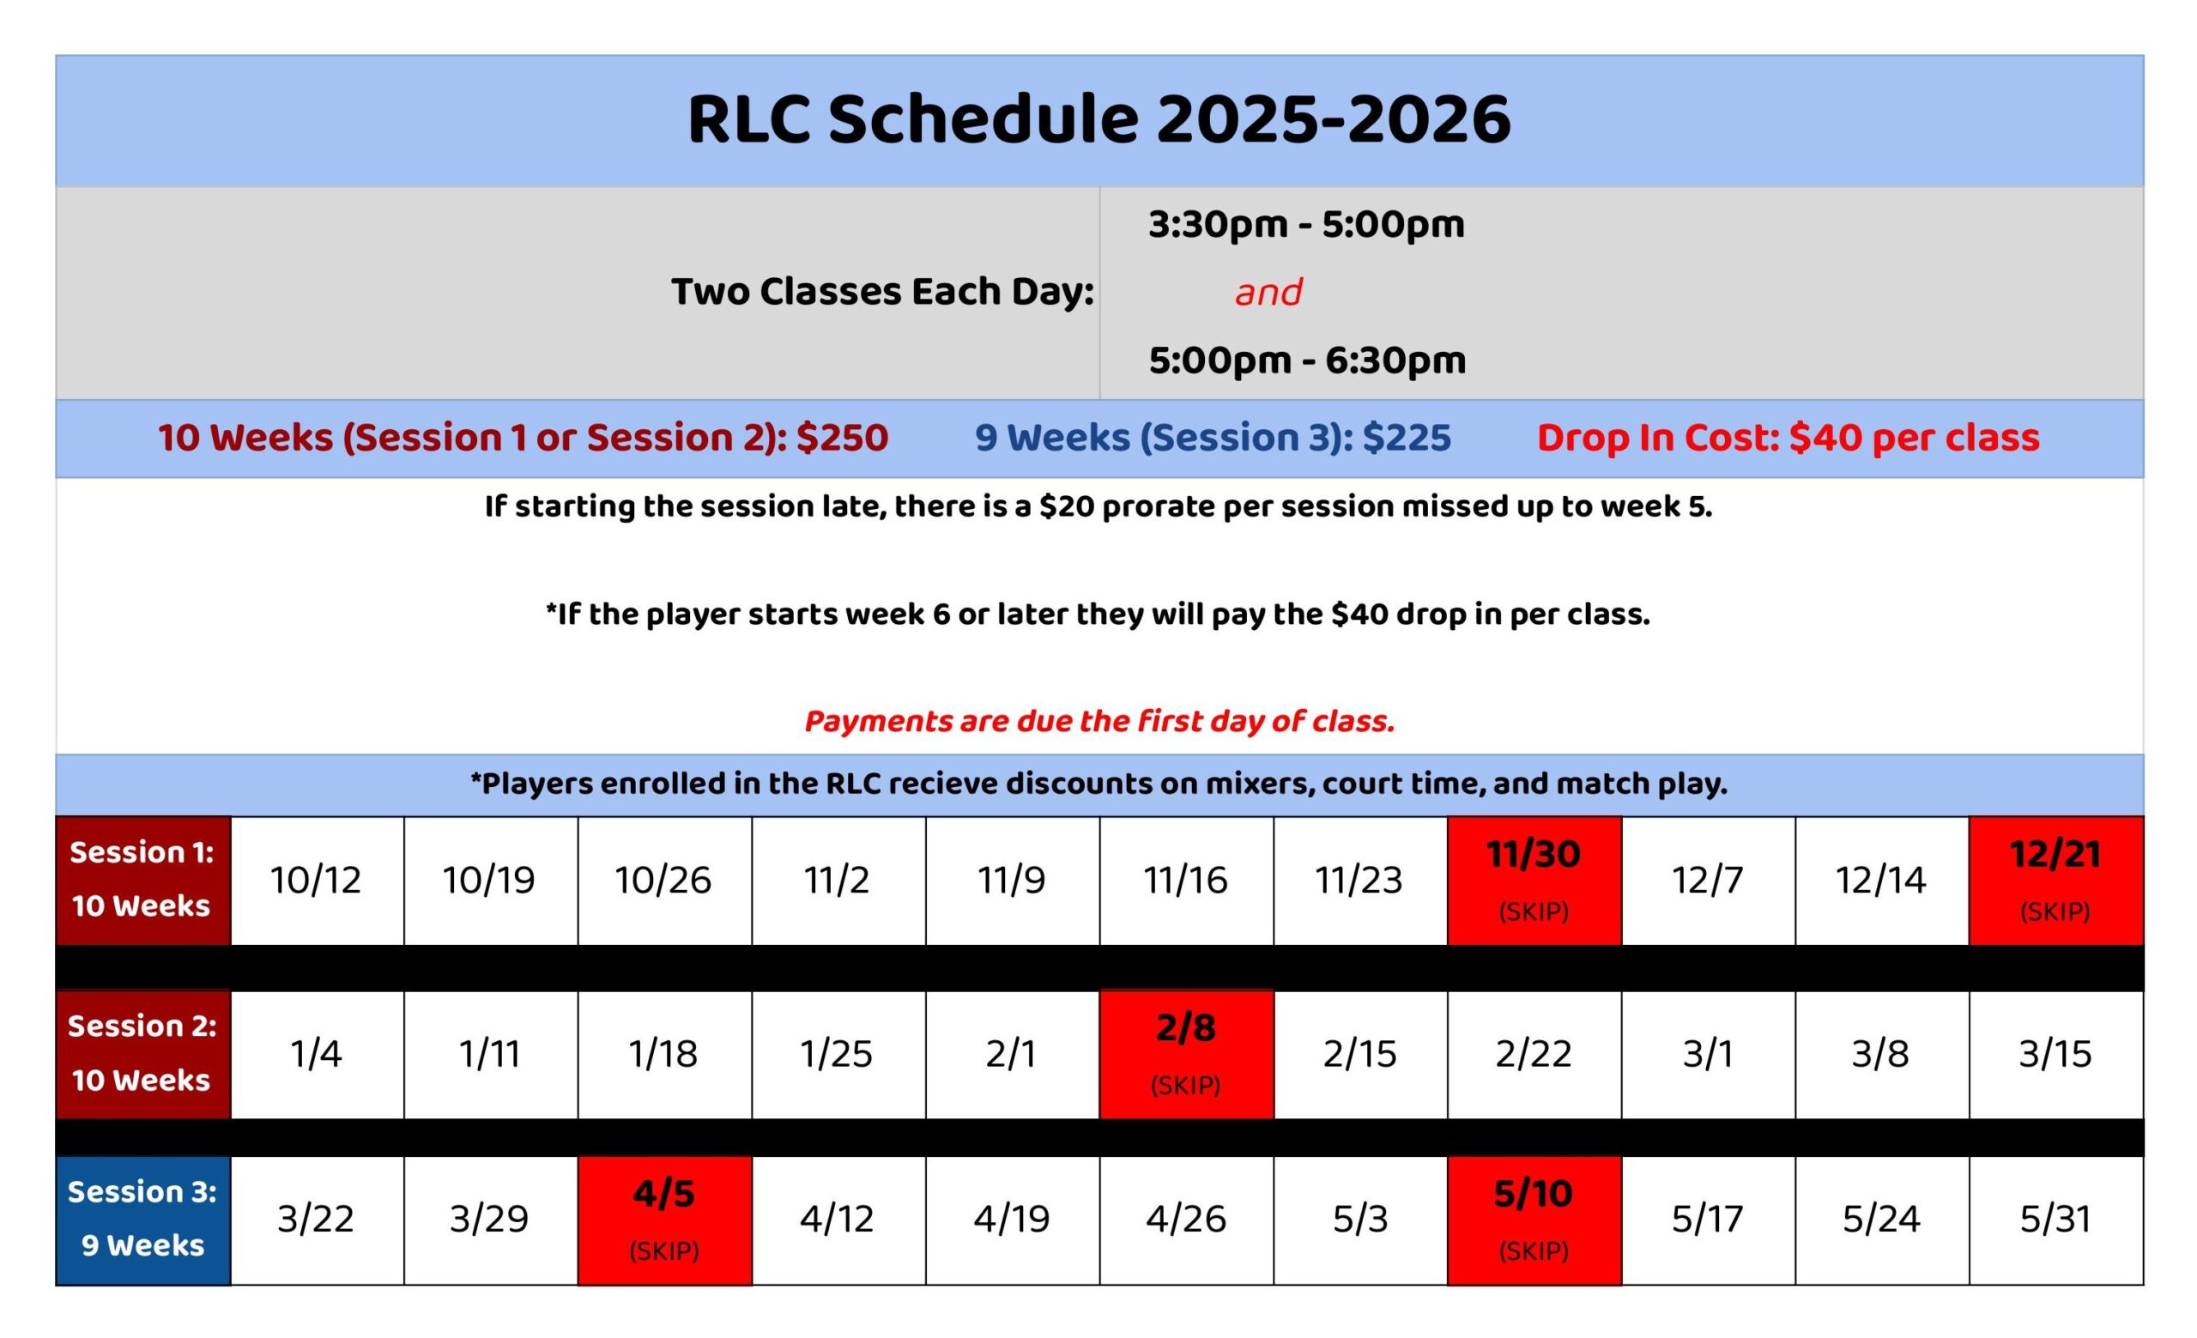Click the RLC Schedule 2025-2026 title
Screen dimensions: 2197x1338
pos(1098,119)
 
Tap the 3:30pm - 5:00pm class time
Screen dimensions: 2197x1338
pos(1306,225)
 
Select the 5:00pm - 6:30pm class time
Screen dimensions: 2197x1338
pos(1307,361)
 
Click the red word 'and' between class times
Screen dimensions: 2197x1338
pos(1268,293)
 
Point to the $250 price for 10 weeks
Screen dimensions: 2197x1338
pos(842,438)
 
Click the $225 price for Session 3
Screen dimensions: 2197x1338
pos(1407,438)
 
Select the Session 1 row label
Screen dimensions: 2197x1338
pos(142,880)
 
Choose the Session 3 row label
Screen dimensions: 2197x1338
pos(142,1220)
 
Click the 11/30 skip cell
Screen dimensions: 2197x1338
pos(1534,880)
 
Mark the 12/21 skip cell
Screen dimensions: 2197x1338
pos(2056,880)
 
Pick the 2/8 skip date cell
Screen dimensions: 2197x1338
pos(1186,1055)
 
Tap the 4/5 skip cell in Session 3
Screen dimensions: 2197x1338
pos(664,1220)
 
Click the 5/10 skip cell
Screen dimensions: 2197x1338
pos(1534,1220)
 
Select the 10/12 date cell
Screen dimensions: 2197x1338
pos(317,880)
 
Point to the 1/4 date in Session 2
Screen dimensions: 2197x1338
pos(317,1055)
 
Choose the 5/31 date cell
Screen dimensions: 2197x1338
pos(2056,1220)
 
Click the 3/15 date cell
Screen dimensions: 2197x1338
pos(2056,1055)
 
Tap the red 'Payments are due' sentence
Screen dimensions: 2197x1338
pos(1099,721)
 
